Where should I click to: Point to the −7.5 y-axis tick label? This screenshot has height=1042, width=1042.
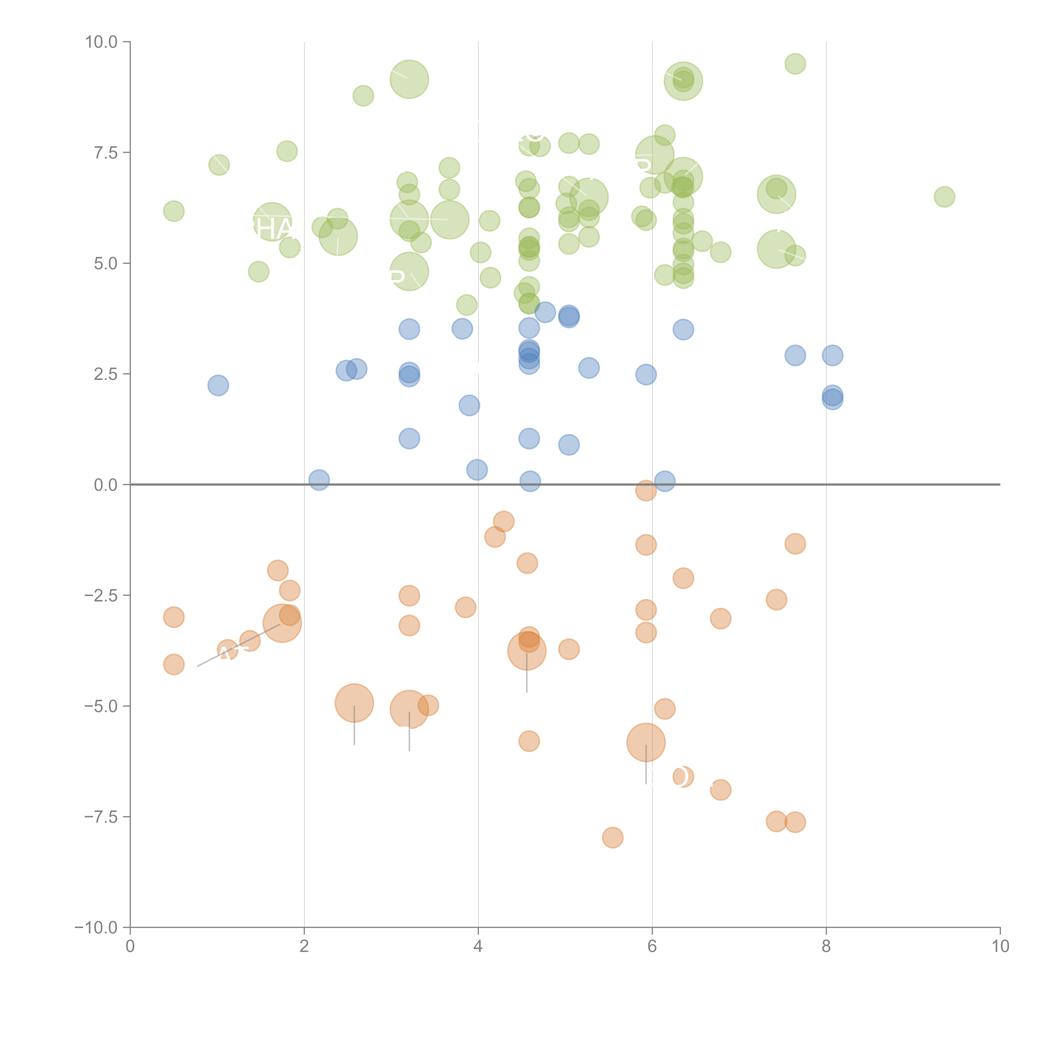(101, 817)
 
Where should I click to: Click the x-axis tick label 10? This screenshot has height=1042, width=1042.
(1000, 946)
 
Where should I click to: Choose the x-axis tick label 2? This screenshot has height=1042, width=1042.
(304, 946)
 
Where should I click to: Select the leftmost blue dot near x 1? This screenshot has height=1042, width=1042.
(218, 385)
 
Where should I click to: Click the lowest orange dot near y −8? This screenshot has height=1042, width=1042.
(612, 838)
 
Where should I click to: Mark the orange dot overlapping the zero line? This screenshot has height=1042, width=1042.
(646, 490)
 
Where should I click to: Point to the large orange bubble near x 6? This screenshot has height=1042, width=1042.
(646, 742)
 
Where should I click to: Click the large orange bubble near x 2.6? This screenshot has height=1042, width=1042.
(354, 703)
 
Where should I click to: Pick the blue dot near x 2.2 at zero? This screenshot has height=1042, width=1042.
(319, 480)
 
